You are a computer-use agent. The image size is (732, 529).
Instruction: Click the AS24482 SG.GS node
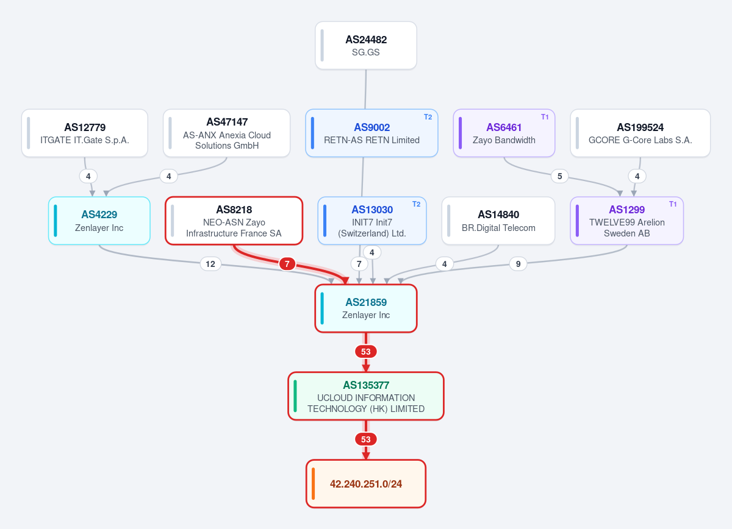point(365,45)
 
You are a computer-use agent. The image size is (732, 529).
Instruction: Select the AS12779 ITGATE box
point(85,133)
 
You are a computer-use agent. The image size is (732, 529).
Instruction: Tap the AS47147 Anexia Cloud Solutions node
point(227,133)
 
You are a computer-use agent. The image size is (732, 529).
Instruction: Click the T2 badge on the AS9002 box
point(428,117)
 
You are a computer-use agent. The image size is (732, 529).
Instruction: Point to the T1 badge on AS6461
point(545,117)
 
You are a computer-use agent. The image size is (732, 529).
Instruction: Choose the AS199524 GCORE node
point(640,133)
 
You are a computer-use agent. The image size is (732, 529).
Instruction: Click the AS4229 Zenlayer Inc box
point(99,221)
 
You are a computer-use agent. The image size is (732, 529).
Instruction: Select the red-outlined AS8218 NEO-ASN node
point(234,221)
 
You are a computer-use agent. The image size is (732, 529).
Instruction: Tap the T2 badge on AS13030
point(416,204)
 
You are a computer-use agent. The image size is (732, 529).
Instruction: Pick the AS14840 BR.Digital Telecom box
point(498,221)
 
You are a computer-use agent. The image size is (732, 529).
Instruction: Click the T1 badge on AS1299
point(673,204)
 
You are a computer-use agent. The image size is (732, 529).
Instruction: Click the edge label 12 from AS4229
point(210,264)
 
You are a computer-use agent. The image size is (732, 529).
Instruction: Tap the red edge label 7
point(287,264)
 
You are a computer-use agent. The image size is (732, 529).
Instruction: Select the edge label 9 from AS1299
point(518,264)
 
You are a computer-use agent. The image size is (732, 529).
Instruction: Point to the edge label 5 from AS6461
point(560,176)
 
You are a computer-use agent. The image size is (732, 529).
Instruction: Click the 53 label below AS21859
point(365,352)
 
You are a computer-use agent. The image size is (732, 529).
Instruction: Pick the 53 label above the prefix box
point(365,439)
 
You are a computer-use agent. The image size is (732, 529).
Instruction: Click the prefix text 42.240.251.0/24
point(366,484)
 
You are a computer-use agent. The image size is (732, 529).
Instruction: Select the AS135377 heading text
point(366,385)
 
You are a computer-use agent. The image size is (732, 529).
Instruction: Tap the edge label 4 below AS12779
point(88,176)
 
